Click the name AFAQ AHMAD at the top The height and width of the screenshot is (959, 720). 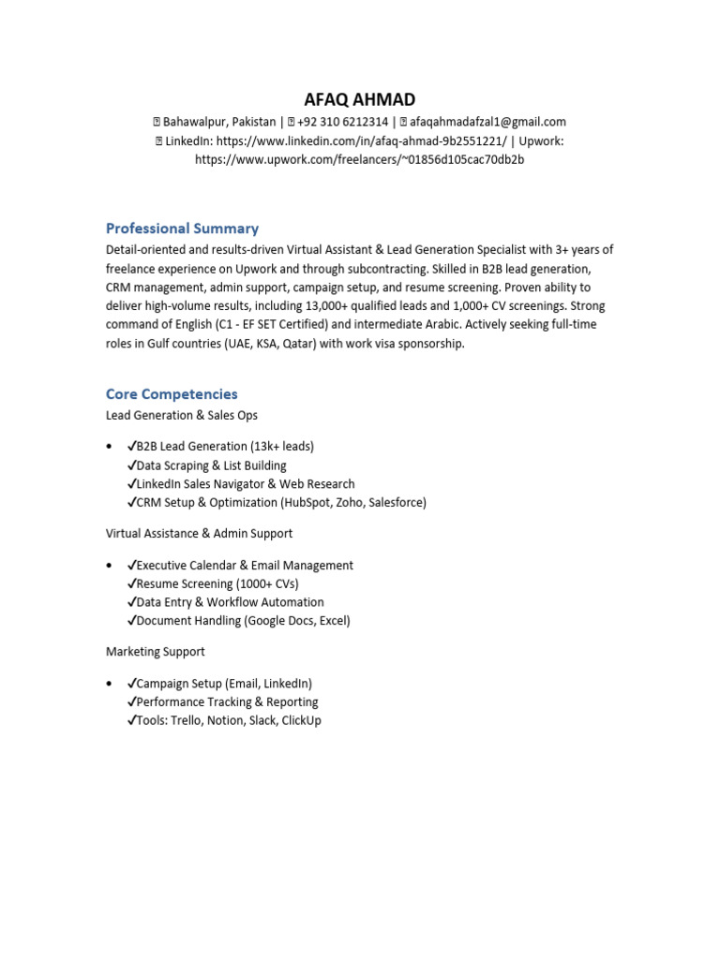coord(359,100)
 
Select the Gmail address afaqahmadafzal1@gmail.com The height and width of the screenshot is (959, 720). coord(487,122)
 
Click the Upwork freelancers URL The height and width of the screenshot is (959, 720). coord(359,159)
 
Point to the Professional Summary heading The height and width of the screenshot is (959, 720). coord(182,229)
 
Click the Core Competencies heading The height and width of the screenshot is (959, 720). coord(172,394)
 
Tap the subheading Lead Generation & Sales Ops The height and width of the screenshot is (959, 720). coord(182,415)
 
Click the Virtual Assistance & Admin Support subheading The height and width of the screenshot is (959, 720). coord(199,534)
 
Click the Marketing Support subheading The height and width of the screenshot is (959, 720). coord(155,652)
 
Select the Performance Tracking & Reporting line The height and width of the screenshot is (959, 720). coord(227,702)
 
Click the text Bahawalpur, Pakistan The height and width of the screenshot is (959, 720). coord(219,122)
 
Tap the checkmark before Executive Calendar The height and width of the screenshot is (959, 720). coord(131,566)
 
